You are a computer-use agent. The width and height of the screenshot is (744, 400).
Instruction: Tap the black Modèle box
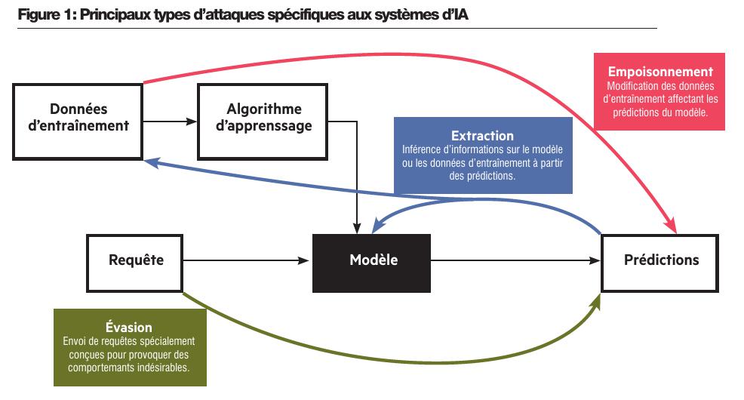(x=372, y=261)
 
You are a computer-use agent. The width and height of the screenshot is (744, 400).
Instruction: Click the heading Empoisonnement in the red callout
(x=660, y=72)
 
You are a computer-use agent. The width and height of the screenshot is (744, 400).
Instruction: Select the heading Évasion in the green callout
(x=129, y=328)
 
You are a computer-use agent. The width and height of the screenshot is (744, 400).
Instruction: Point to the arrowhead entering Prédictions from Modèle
(x=595, y=261)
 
